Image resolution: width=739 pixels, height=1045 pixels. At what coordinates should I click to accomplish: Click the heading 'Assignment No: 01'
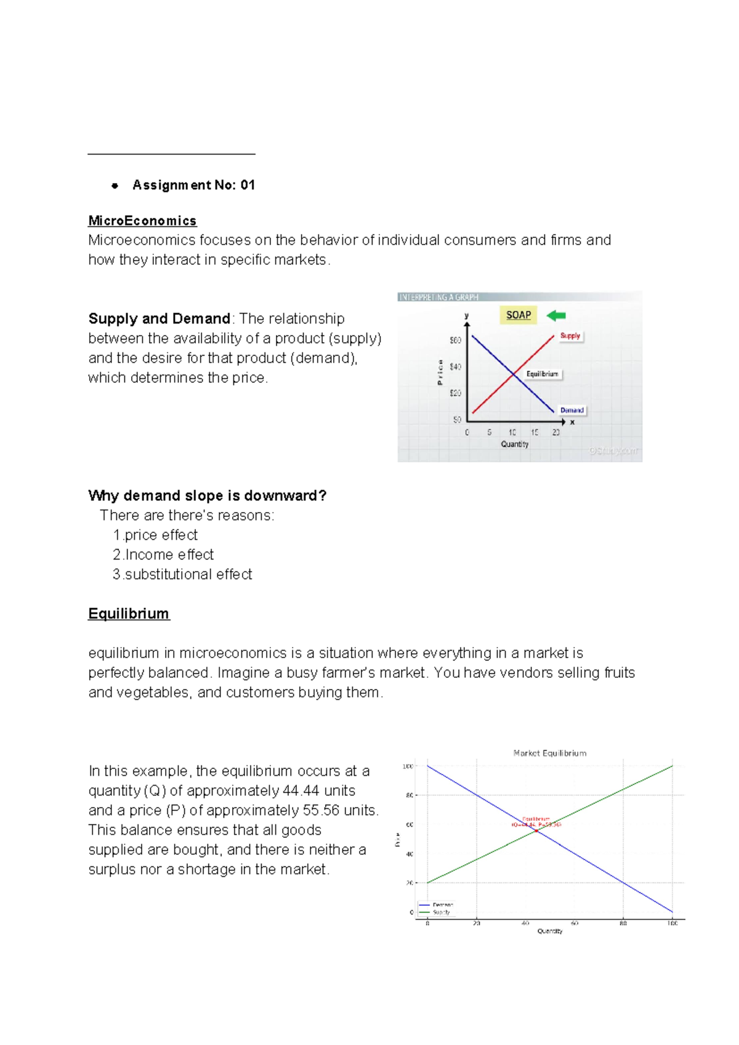[193, 185]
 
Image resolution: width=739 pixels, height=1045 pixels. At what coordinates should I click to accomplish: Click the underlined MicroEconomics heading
[142, 221]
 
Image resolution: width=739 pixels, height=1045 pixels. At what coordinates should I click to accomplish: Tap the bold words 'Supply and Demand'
[159, 319]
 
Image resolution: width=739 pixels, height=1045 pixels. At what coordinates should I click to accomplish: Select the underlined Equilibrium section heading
[129, 614]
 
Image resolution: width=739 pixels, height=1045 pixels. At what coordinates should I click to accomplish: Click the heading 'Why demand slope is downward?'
[207, 495]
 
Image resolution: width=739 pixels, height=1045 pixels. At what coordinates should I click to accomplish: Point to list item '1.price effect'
[156, 535]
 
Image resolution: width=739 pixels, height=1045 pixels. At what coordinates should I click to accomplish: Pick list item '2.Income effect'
[163, 555]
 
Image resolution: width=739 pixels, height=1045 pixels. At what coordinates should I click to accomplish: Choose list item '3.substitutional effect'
[182, 574]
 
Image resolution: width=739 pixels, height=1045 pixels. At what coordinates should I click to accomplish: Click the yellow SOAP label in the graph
[519, 315]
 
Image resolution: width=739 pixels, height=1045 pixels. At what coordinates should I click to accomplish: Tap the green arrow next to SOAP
[557, 315]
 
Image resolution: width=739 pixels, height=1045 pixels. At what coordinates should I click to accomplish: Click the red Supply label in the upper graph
[570, 336]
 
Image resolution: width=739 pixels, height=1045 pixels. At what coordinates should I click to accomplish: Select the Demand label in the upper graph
[572, 410]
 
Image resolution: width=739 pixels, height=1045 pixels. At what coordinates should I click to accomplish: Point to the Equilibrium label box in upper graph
[543, 374]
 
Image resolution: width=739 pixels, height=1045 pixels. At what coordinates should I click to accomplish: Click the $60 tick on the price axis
[455, 340]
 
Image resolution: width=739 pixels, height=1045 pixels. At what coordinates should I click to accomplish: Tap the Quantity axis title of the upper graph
[515, 444]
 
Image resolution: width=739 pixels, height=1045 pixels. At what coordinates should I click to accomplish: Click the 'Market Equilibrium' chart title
[550, 753]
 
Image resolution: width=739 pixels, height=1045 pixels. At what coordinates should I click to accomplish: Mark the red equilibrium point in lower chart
[536, 831]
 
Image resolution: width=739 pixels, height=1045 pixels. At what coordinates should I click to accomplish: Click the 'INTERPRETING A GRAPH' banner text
[438, 297]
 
